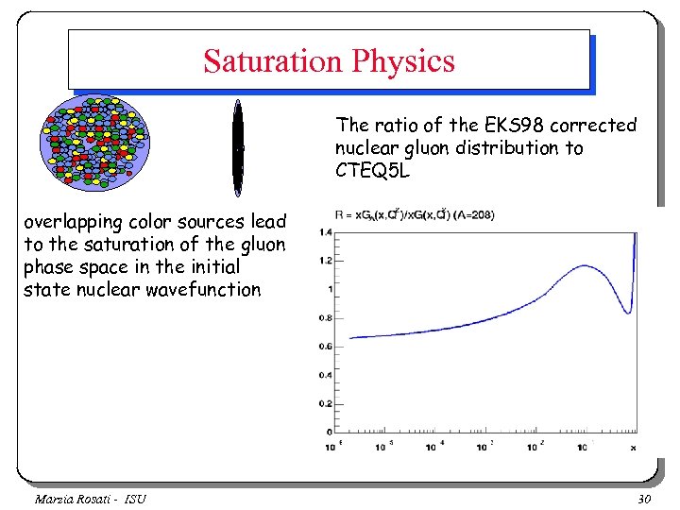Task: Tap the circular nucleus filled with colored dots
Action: coord(93,142)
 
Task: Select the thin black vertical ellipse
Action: coord(238,147)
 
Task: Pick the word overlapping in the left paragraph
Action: coord(72,222)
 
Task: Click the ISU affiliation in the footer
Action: coord(133,498)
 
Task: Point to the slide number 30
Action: coord(646,498)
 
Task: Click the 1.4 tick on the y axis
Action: coord(325,232)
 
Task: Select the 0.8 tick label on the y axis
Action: coord(325,318)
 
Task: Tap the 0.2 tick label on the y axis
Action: coord(325,404)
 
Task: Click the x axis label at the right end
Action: coord(633,447)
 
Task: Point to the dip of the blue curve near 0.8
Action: coord(624,312)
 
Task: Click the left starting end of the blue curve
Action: coord(350,337)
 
